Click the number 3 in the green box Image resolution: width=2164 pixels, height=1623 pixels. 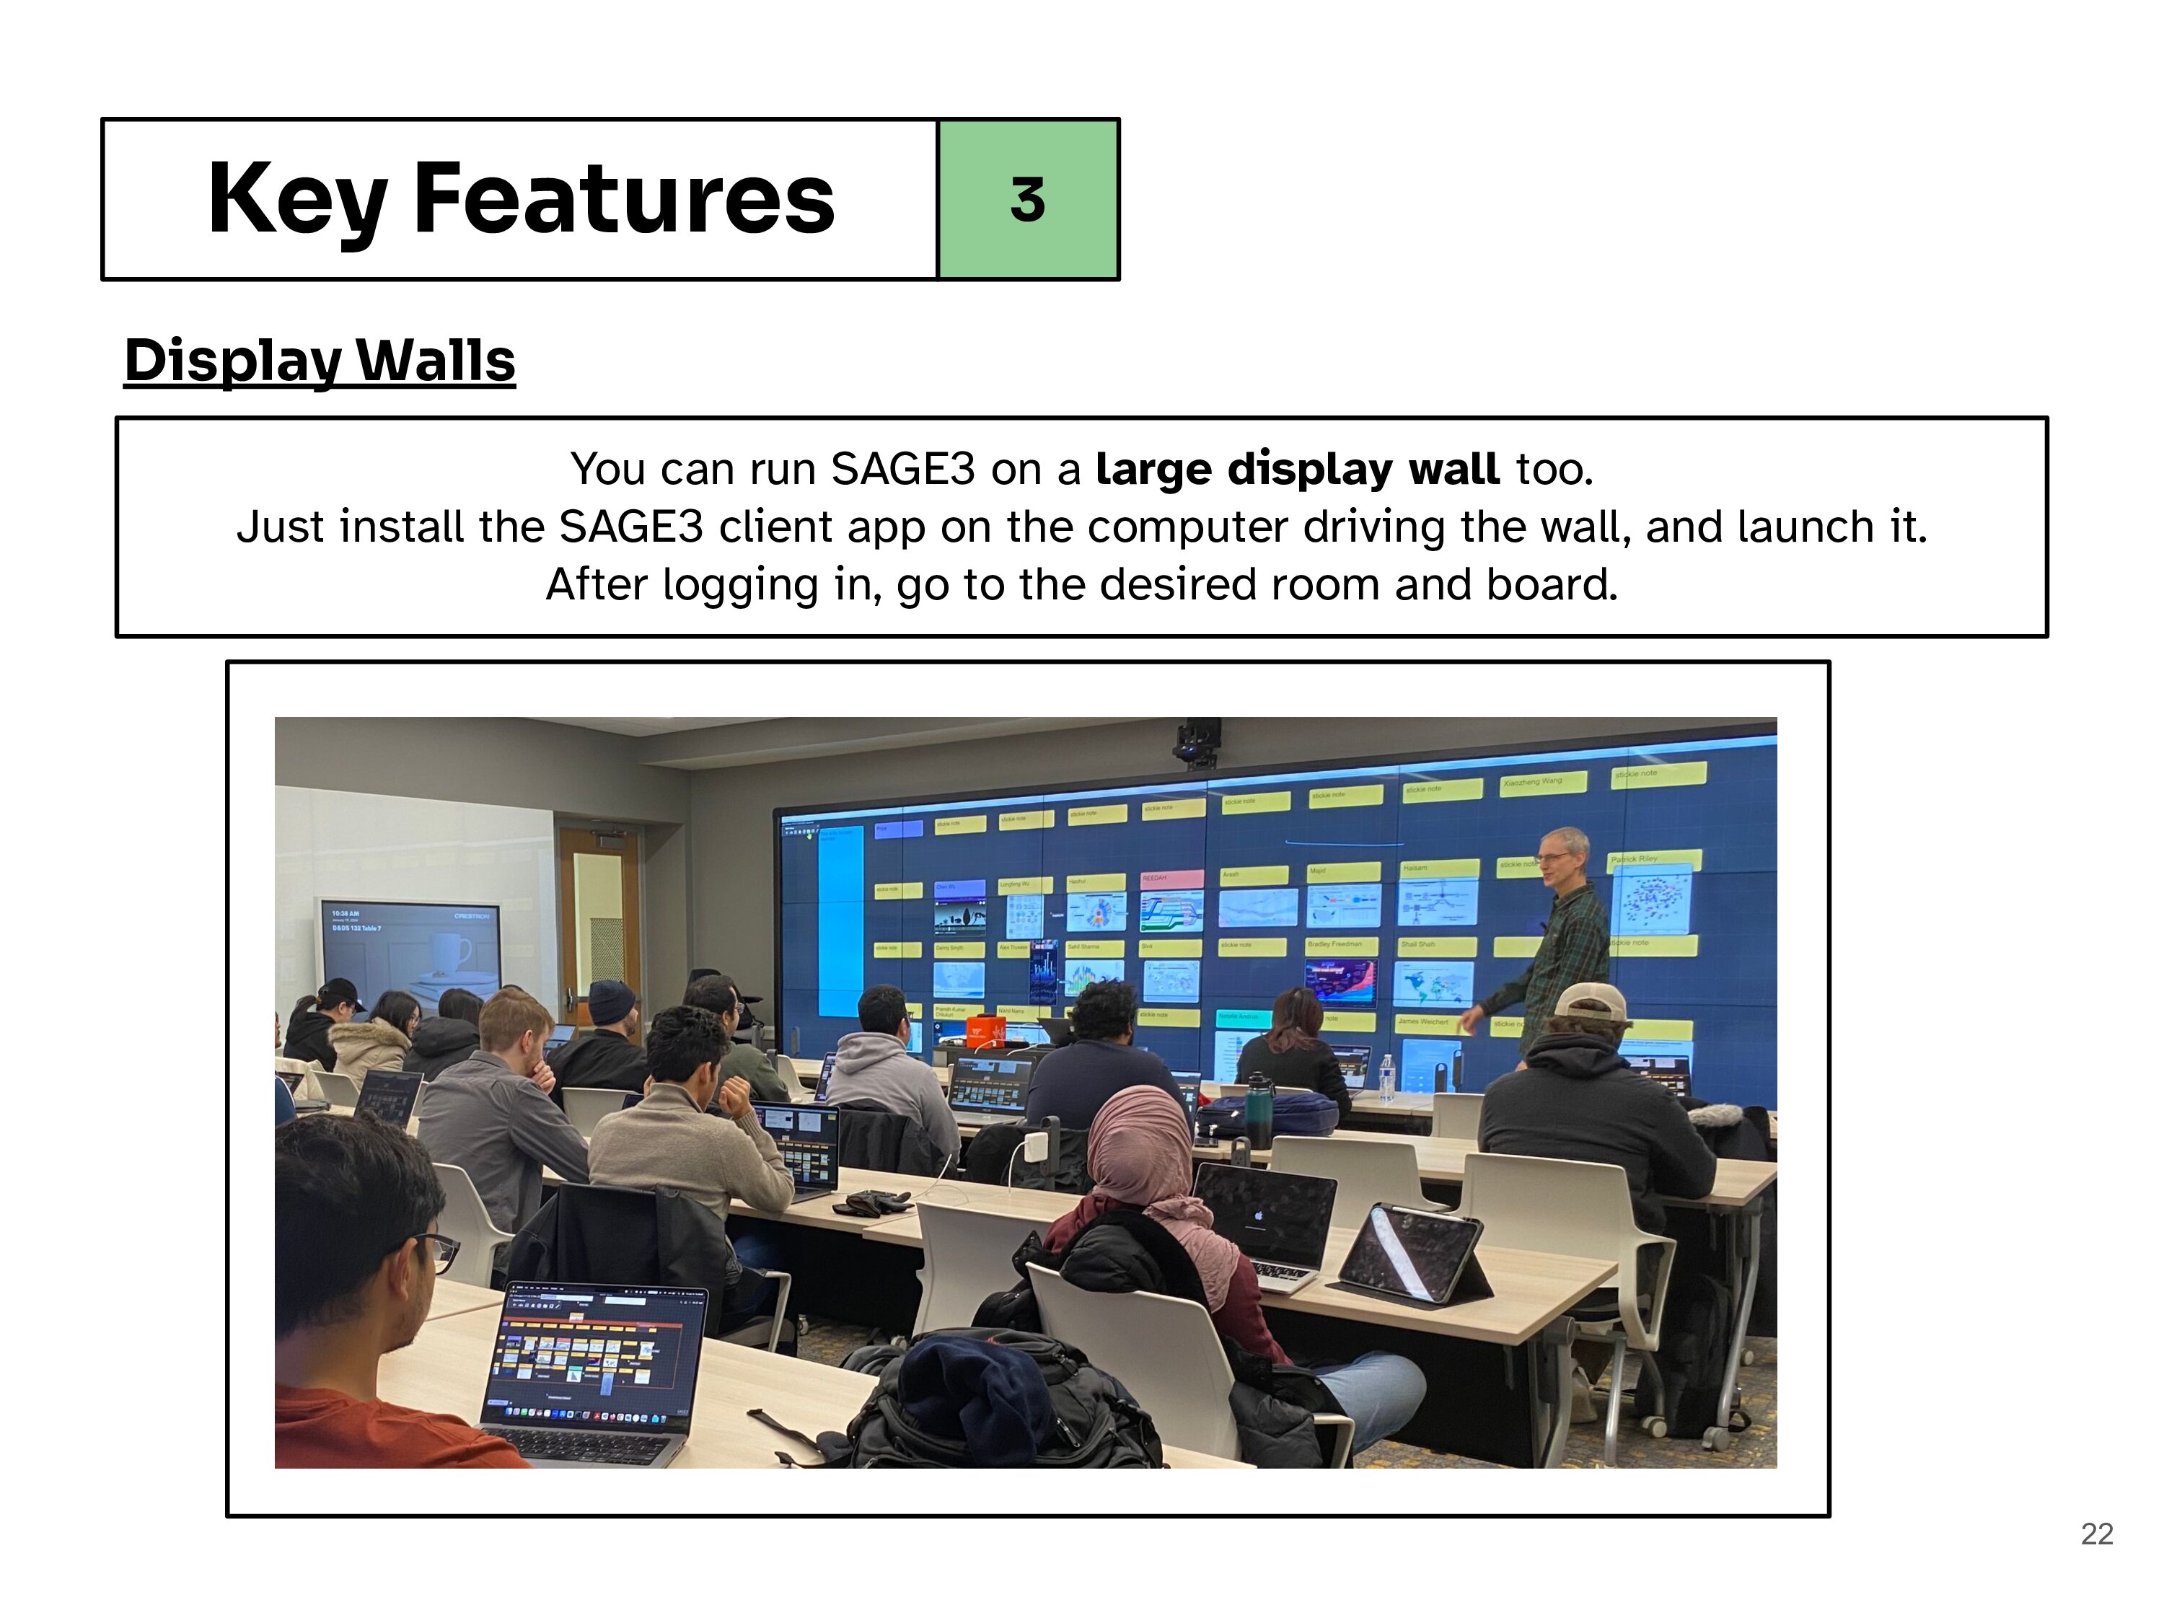pyautogui.click(x=1027, y=200)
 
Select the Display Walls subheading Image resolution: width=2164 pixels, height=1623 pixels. pyautogui.click(x=319, y=360)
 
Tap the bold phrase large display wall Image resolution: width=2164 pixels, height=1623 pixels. pyautogui.click(x=1296, y=469)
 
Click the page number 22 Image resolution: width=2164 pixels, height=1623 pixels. pyautogui.click(x=2096, y=1533)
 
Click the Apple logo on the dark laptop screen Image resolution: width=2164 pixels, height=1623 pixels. pyautogui.click(x=1259, y=1217)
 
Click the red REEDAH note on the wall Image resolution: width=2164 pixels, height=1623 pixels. pyautogui.click(x=1171, y=879)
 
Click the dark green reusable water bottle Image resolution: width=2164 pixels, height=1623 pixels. pyautogui.click(x=1259, y=1112)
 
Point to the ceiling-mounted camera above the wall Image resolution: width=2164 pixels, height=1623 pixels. pyautogui.click(x=1198, y=742)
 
